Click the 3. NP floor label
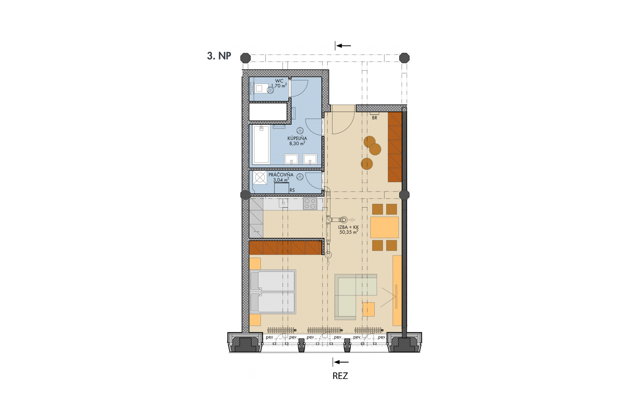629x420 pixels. coord(219,56)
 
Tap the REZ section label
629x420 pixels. coord(340,376)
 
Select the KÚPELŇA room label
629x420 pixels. coord(297,138)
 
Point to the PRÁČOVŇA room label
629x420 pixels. coord(281,175)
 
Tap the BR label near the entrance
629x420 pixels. coord(374,118)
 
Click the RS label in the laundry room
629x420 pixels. coord(292,190)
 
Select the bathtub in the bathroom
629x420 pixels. coord(261,144)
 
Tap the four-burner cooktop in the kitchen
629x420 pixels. coord(310,204)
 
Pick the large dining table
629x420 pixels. coord(385,227)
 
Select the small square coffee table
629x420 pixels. coord(369,309)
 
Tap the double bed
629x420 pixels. coord(272,292)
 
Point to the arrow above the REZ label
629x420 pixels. coord(341,362)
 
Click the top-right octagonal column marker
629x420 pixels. coord(404,58)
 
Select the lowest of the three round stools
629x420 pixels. coord(367,163)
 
